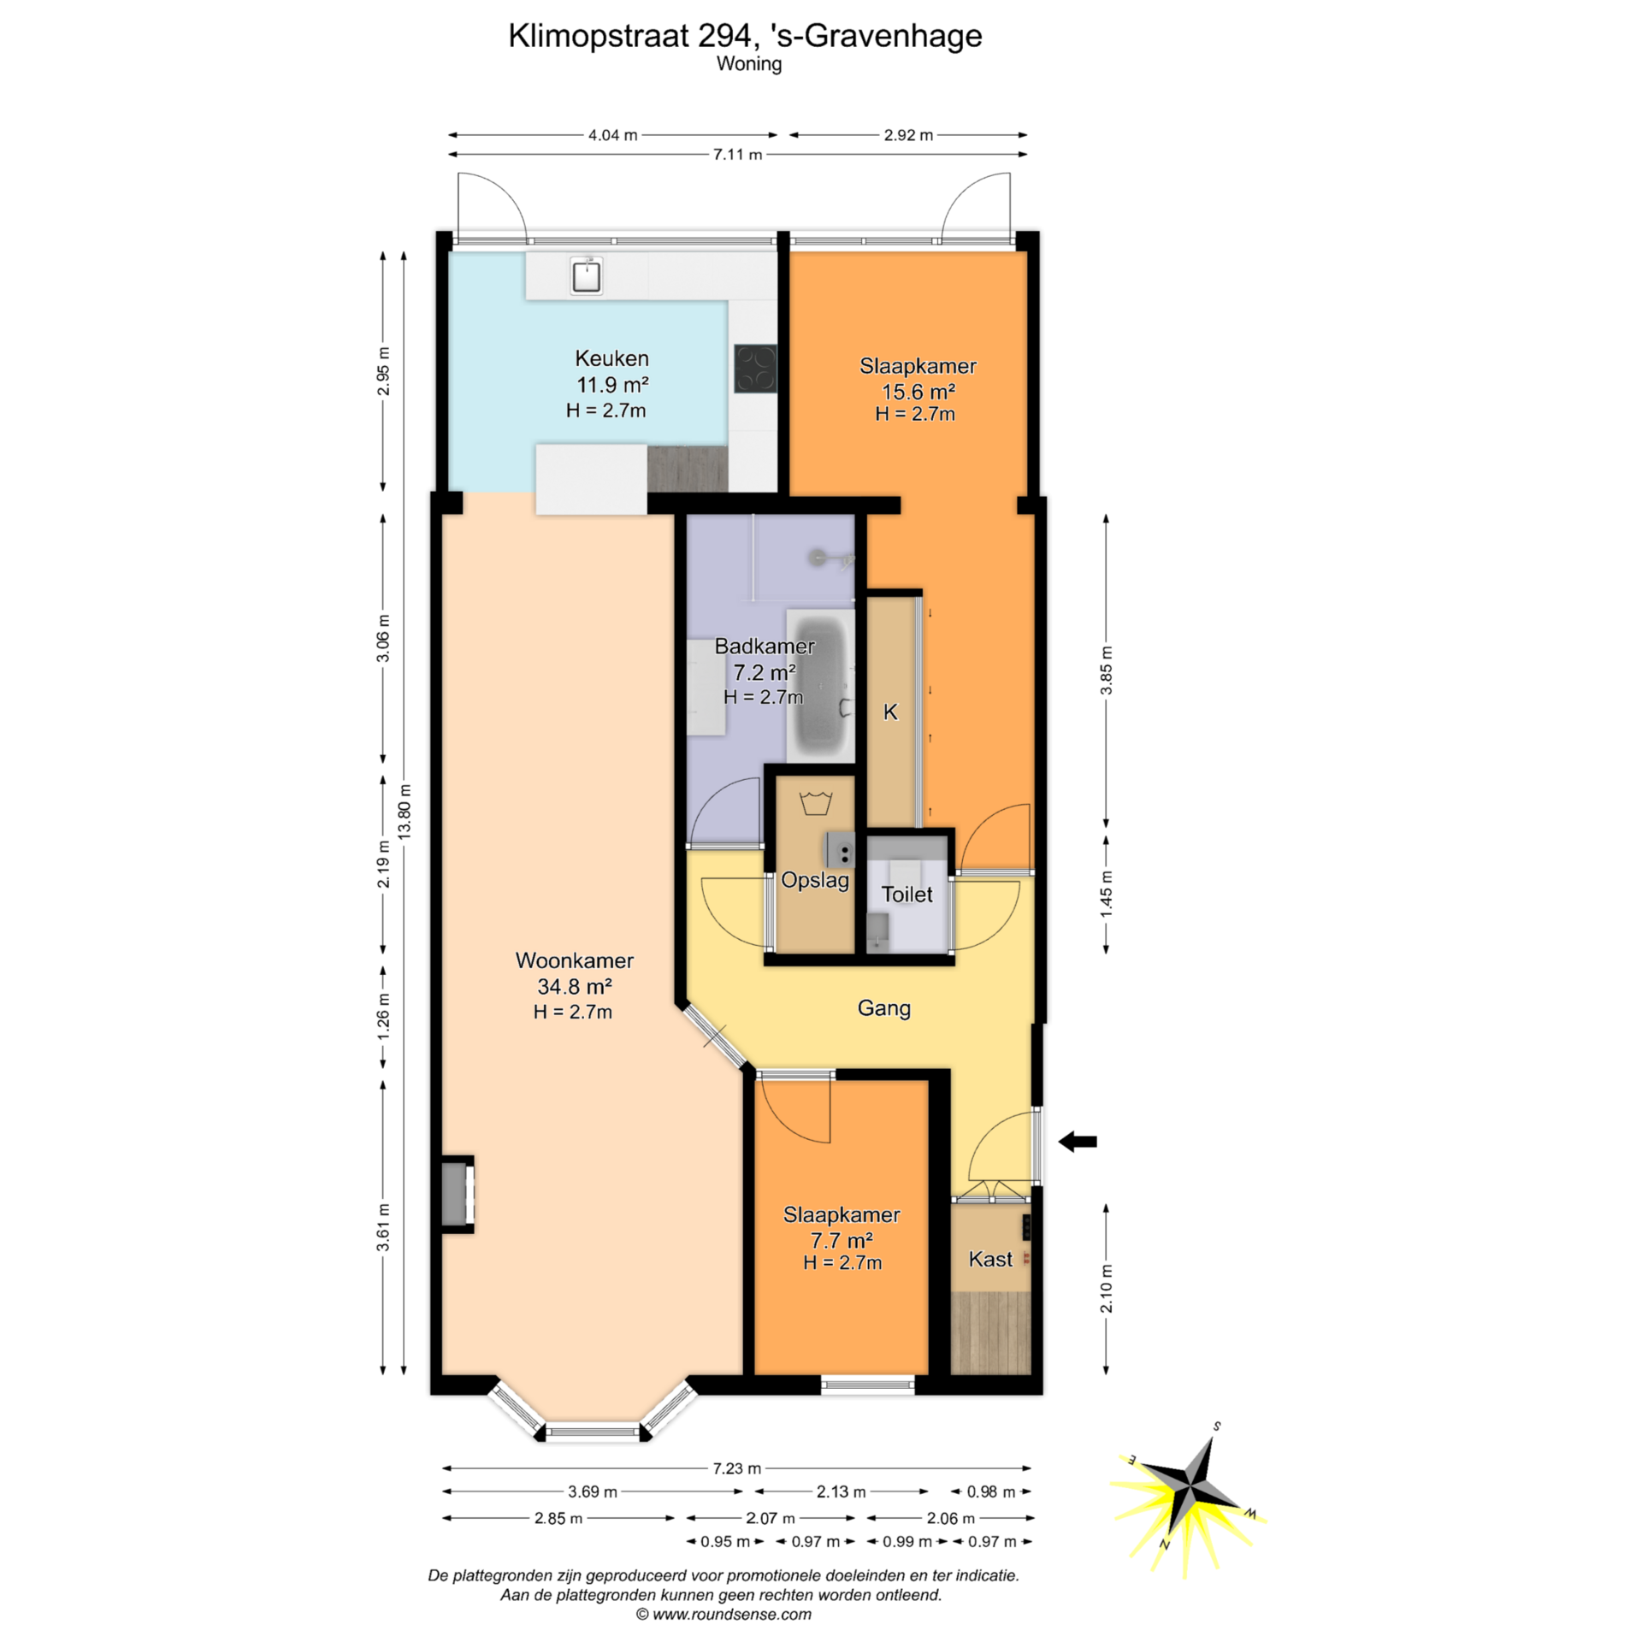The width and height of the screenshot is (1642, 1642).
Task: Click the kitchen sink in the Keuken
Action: tap(586, 276)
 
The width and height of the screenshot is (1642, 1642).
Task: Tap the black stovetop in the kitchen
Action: tap(755, 369)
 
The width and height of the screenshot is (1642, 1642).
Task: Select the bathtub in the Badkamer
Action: tap(821, 686)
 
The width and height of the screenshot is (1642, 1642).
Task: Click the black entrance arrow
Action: tap(1078, 1141)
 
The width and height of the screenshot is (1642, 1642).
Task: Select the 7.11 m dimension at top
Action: tap(737, 155)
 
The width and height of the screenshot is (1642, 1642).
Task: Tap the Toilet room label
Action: tap(907, 895)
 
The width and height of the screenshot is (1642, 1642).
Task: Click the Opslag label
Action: tap(815, 881)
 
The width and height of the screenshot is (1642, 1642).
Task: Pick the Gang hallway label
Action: tap(883, 1008)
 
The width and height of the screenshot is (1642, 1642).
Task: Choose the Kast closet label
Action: tap(990, 1259)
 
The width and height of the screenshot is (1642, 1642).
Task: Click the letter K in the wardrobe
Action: tap(890, 712)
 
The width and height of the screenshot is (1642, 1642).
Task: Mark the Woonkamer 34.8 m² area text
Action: tap(574, 986)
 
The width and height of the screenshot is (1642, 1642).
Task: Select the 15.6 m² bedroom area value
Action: tap(918, 392)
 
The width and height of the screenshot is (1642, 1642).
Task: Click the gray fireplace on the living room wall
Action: tap(458, 1195)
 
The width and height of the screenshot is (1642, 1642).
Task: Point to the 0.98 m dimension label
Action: tap(991, 1491)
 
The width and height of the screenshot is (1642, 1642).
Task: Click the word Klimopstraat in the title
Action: tap(599, 36)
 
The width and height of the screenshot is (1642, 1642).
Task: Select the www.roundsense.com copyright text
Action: tap(724, 1615)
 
